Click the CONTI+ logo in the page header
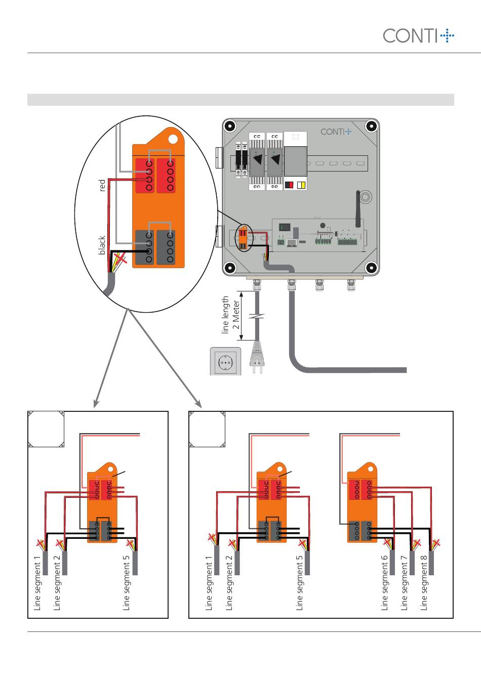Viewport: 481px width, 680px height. click(418, 35)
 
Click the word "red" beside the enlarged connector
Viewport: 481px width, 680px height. click(102, 186)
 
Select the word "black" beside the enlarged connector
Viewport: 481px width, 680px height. click(102, 245)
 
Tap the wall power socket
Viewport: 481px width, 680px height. click(225, 362)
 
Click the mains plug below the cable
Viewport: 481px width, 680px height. click(257, 357)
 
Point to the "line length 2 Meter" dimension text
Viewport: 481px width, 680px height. click(230, 315)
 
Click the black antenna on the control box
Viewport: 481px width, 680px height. click(358, 209)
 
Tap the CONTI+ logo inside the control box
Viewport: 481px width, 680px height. click(336, 132)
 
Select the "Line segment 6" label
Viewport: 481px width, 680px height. click(385, 583)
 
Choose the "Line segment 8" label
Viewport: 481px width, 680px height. click(424, 583)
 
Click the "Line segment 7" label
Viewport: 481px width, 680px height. click(404, 583)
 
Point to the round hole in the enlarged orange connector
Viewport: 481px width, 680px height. click(173, 139)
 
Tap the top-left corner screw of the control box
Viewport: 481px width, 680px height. click(230, 125)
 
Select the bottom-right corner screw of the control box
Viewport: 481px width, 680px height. click(371, 268)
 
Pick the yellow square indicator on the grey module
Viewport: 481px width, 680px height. click(301, 185)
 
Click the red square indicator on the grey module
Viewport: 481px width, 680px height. click(289, 185)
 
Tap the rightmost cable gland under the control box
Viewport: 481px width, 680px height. click(351, 285)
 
